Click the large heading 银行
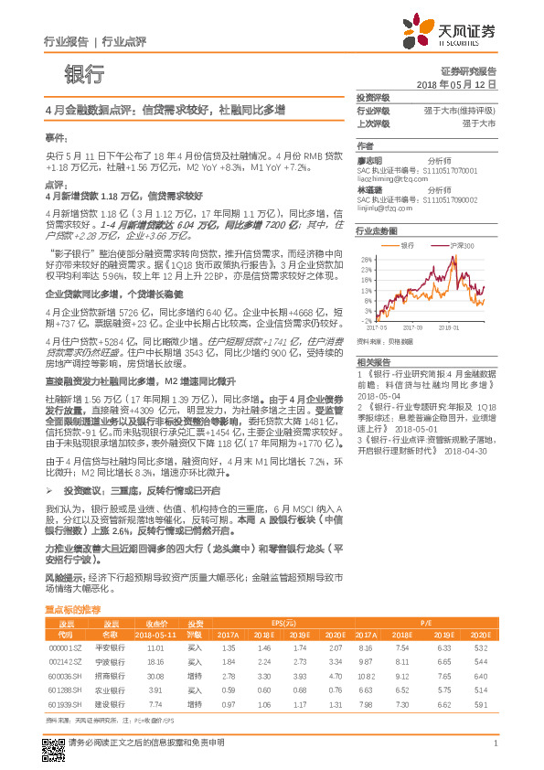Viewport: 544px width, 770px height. click(x=84, y=75)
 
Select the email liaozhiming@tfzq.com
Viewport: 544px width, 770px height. click(x=393, y=180)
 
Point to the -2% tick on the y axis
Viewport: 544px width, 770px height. click(x=366, y=321)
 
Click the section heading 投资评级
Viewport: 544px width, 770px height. click(x=373, y=98)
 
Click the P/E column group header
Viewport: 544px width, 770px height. click(x=426, y=621)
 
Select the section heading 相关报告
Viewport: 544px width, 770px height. click(x=373, y=362)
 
